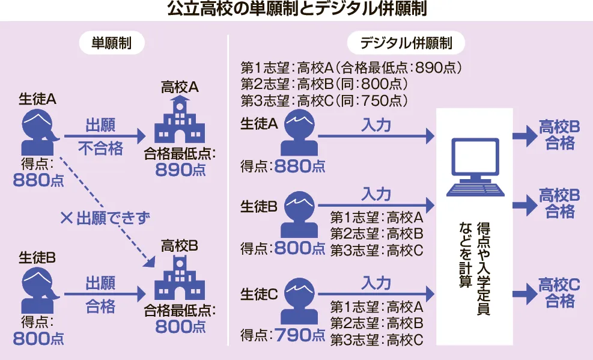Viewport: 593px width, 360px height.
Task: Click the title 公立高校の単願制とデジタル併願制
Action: (296, 10)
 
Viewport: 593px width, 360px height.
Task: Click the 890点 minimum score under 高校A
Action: (180, 170)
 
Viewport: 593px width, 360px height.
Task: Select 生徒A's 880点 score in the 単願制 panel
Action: (38, 180)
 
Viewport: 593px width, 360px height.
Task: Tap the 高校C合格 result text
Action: (559, 293)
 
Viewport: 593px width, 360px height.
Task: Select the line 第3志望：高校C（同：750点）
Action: (324, 100)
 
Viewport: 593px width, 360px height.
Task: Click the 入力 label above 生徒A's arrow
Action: (376, 126)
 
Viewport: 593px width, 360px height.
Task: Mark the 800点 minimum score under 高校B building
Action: (180, 327)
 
